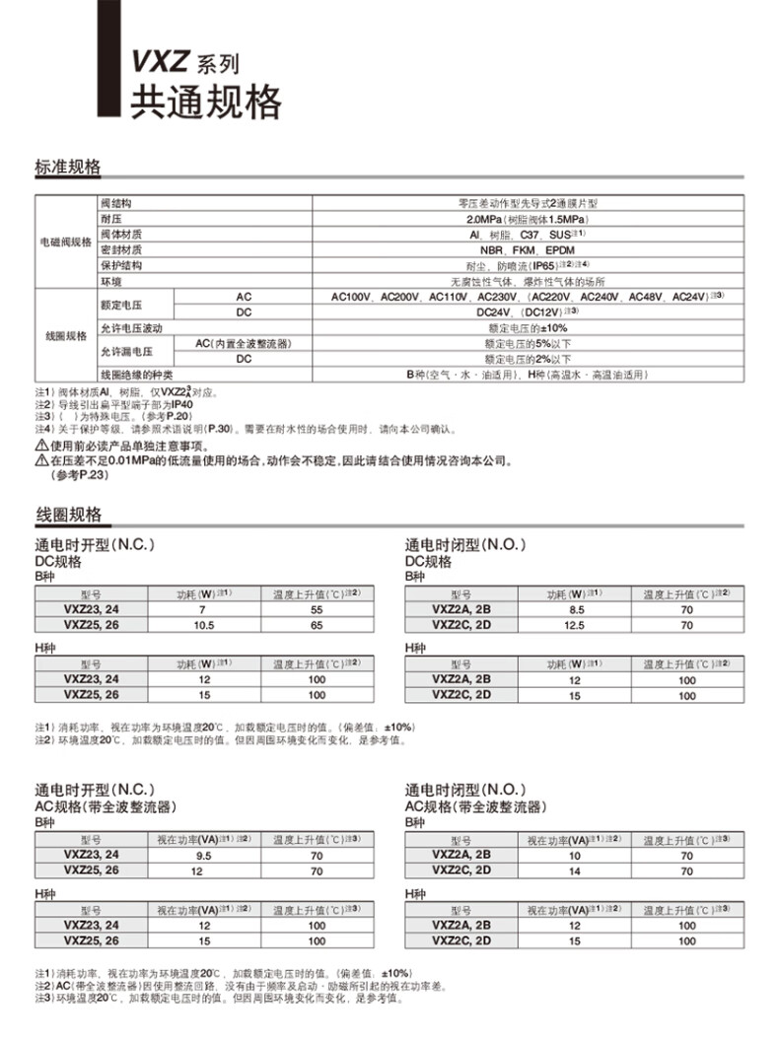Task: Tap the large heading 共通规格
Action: click(206, 101)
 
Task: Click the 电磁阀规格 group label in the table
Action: click(65, 242)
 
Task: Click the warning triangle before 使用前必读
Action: click(40, 446)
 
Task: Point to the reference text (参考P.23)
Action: click(79, 475)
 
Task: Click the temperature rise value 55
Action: click(317, 610)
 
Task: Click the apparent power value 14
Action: click(575, 871)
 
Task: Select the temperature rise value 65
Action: click(317, 625)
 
